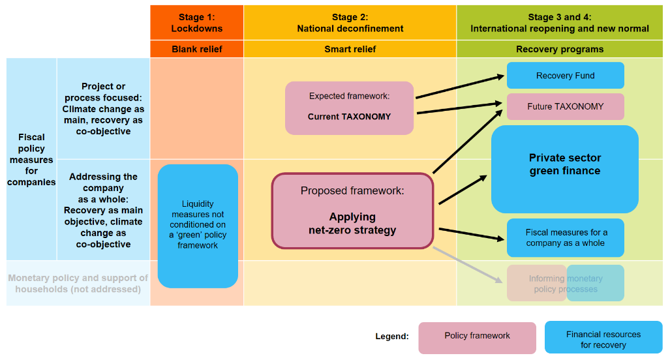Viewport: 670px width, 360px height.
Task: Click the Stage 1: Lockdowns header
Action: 196,23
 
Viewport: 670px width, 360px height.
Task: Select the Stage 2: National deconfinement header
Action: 350,23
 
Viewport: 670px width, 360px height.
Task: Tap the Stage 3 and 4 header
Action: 559,23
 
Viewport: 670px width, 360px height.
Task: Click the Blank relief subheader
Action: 196,49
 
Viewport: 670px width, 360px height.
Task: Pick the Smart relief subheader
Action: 350,49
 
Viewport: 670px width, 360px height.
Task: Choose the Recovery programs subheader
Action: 559,49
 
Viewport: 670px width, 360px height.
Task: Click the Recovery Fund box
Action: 565,76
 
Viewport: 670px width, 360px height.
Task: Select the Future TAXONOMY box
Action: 565,106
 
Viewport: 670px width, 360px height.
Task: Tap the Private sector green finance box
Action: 564,169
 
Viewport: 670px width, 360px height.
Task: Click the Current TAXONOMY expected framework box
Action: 349,108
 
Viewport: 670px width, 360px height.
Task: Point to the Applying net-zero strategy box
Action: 352,211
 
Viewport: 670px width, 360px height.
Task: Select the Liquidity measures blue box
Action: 198,226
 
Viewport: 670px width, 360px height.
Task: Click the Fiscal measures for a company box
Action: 565,238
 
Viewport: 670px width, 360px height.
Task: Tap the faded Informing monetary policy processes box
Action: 565,284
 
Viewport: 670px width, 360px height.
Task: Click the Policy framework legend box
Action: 477,337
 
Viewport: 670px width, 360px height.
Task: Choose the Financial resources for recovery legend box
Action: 603,339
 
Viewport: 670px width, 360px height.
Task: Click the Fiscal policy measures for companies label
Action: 31,160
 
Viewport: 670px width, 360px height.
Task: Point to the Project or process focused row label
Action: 103,109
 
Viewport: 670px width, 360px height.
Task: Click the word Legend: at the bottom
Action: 391,337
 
